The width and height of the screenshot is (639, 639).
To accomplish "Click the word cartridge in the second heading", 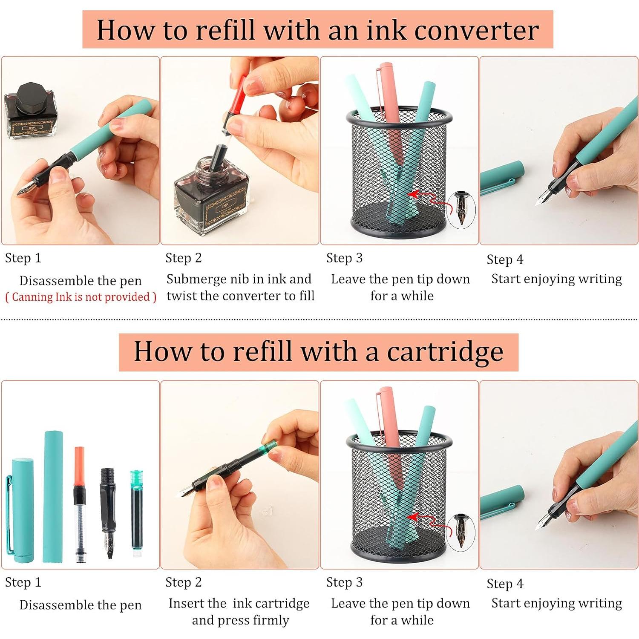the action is coord(445,351).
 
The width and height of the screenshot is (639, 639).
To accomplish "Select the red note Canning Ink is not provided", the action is coord(81,297).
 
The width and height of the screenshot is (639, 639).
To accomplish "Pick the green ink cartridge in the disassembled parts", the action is coord(136,514).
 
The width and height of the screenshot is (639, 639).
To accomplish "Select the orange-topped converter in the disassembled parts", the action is coord(80,505).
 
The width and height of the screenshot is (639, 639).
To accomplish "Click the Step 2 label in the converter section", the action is coord(183,258).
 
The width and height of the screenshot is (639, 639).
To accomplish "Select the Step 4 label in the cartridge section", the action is coord(505,584).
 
